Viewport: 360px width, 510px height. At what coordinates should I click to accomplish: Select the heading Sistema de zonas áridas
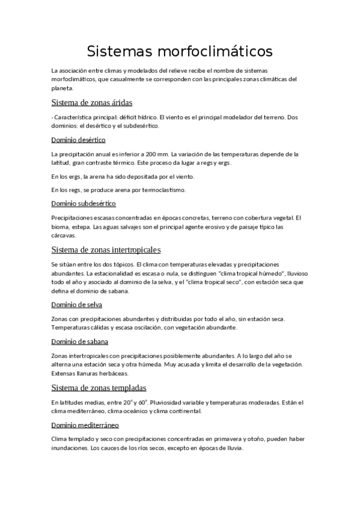coord(92,102)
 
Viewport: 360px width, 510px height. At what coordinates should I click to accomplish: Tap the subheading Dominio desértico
coord(79,140)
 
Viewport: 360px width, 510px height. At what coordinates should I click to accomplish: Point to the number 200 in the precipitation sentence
coord(144,154)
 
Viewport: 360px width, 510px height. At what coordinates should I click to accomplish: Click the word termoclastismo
coord(166,190)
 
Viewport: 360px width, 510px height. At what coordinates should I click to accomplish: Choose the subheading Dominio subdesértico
coord(84,203)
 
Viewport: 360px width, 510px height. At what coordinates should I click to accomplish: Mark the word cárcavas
coord(64,236)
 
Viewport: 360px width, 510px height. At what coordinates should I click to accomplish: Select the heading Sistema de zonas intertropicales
coord(106,249)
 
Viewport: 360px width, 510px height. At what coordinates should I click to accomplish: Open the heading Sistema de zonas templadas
coord(99,387)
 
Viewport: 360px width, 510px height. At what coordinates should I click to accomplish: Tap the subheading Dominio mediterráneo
coord(85,425)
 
